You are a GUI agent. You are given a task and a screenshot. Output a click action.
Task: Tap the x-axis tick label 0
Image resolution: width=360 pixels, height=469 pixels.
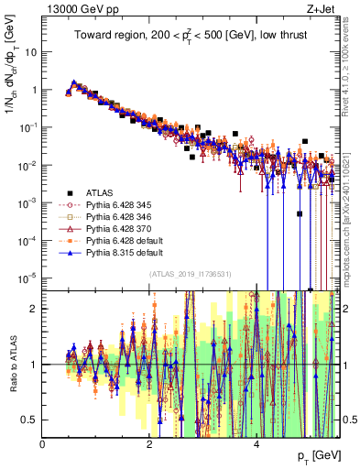click(x=43, y=443)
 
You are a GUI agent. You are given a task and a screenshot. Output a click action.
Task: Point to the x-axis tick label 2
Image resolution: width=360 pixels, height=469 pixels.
click(x=149, y=443)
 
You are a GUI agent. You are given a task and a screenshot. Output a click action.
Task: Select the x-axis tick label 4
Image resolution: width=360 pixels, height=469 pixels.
click(x=256, y=443)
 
